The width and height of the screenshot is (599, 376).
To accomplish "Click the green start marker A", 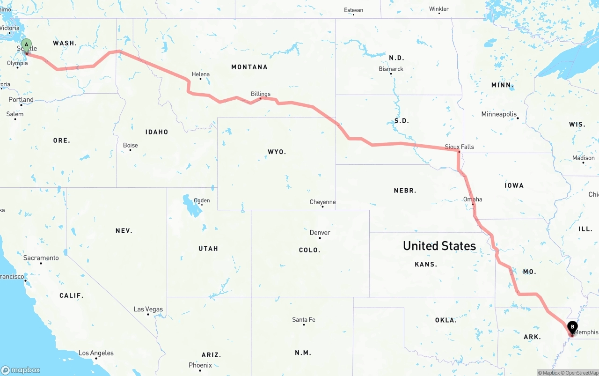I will (27, 45).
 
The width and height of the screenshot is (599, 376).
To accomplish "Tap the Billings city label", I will (261, 94).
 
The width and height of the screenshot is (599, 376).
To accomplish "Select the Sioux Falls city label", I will (459, 147).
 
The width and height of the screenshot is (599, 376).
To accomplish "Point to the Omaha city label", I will (473, 199).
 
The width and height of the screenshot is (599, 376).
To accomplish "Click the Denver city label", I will (320, 232).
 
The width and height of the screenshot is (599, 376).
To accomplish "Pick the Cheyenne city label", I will (322, 202).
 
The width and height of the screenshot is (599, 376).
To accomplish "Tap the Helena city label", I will (201, 74).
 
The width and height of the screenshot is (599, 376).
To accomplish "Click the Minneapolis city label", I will (499, 114).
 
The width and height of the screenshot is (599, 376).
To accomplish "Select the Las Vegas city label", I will (148, 309).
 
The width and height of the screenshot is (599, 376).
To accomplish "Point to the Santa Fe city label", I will (304, 319).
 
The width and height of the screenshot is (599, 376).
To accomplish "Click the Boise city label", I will (130, 145).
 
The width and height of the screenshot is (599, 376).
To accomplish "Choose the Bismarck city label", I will (391, 69).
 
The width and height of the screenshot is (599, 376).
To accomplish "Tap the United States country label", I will (439, 246).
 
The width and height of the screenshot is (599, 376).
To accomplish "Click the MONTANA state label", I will (249, 67).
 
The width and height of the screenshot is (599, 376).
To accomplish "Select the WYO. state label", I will (277, 152).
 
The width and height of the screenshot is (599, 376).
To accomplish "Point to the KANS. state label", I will (426, 264).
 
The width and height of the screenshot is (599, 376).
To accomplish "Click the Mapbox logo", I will (21, 370).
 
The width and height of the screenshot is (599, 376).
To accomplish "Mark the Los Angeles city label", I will (96, 353).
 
